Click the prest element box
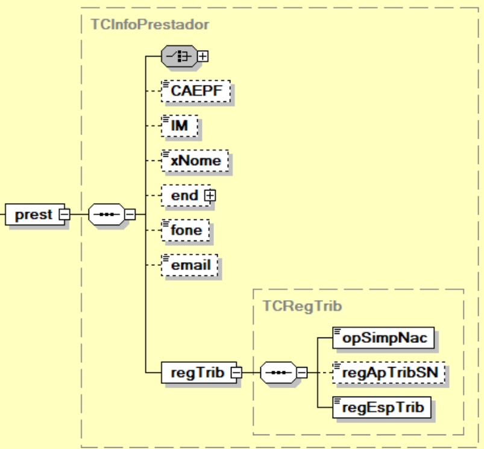pos(34,215)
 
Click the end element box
pos(184,195)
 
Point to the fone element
pos(186,230)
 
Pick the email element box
pos(190,265)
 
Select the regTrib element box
pos(196,373)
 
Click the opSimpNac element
pos(385,338)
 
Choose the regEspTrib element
pos(383,407)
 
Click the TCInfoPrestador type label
pos(149,25)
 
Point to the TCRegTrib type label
pos(303,306)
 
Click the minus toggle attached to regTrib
pos(236,373)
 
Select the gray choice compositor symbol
pos(179,57)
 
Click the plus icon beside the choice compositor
pos(204,57)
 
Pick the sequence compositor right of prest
pos(106,215)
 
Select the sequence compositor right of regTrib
pos(278,373)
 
